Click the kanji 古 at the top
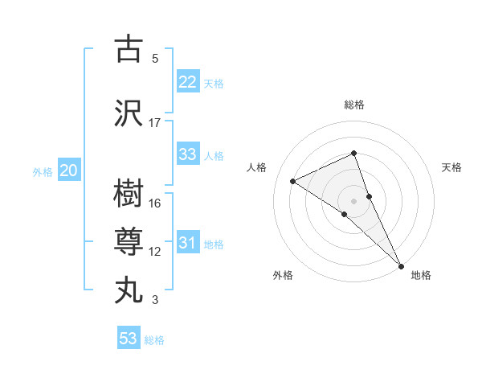point(129,49)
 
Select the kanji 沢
point(129,113)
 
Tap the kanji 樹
point(129,194)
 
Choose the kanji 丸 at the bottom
point(129,290)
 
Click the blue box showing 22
point(188,82)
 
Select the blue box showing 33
point(188,154)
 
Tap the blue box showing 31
point(188,243)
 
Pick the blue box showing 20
point(69,171)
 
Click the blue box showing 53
point(129,339)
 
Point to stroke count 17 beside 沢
point(155,123)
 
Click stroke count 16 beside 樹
point(155,203)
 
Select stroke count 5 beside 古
point(155,59)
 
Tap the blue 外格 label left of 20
point(43,171)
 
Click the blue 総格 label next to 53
point(154,340)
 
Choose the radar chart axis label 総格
point(354,105)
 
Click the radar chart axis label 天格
point(452,167)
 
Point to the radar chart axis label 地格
point(421,276)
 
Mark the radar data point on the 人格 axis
point(293,181)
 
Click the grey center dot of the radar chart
point(353,200)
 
